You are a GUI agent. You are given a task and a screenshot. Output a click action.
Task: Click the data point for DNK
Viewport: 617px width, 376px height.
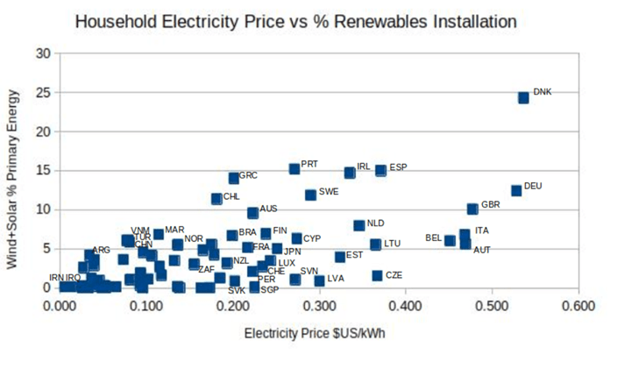[x=523, y=97]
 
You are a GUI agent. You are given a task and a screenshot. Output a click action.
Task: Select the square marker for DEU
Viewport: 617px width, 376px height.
[x=516, y=190]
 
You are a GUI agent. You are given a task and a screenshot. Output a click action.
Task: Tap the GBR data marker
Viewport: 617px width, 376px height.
[x=472, y=209]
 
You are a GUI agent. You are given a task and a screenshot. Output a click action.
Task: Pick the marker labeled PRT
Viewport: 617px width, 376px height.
[x=294, y=168]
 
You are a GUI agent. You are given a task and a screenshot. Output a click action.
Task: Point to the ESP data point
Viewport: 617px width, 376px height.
[x=381, y=170]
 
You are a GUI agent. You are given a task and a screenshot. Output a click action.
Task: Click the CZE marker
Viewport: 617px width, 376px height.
[x=377, y=275]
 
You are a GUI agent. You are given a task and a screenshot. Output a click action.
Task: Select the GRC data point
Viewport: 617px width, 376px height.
[x=234, y=178]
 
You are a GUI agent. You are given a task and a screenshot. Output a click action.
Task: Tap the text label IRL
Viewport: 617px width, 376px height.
[x=364, y=166]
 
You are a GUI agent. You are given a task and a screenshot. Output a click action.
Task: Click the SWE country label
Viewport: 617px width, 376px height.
[x=328, y=191]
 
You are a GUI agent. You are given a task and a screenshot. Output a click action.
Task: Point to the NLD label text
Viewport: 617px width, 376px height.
[x=375, y=223]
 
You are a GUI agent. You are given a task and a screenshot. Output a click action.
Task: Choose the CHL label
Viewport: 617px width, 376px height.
[x=231, y=197]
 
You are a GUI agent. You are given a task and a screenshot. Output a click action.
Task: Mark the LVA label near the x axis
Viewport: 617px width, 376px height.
[x=336, y=279]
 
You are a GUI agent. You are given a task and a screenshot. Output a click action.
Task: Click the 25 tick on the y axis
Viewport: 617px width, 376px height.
[x=43, y=92]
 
